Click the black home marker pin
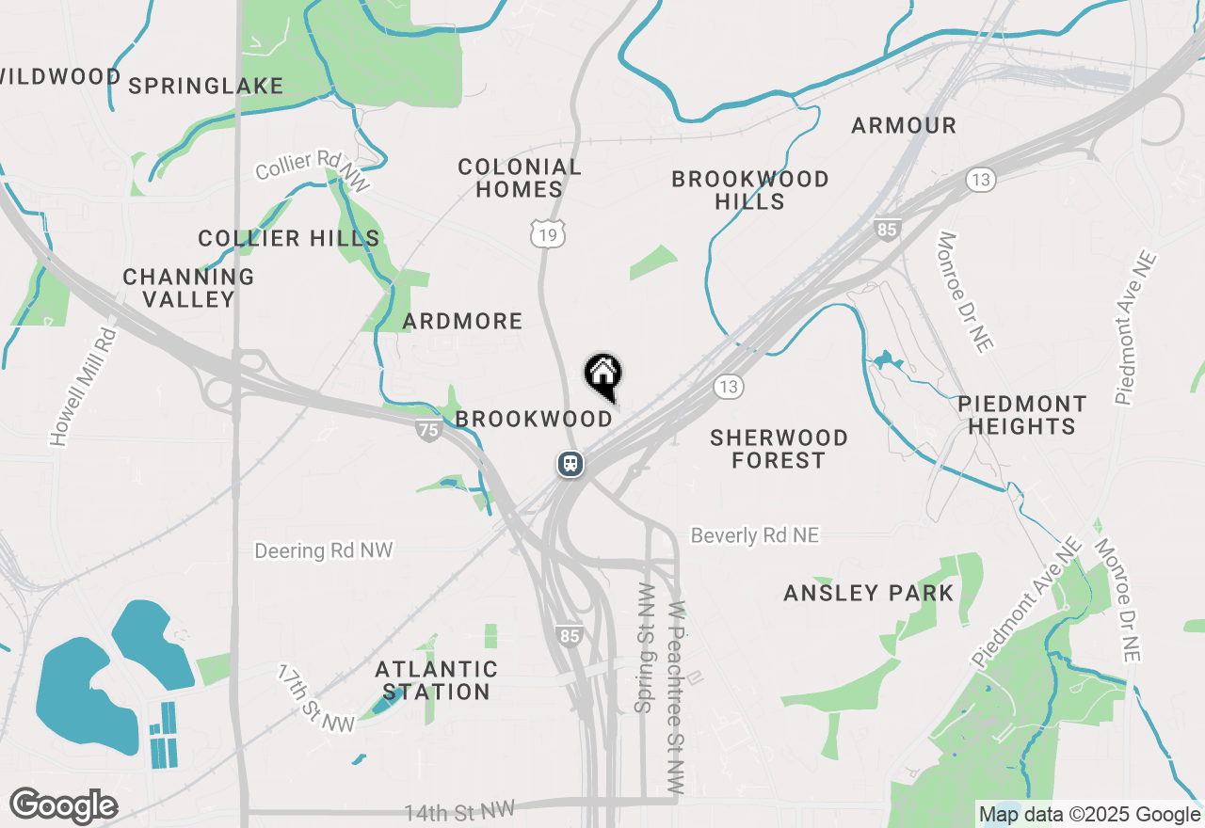point(602,375)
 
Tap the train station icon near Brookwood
point(570,464)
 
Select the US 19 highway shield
point(548,234)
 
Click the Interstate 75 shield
point(428,430)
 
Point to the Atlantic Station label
point(436,680)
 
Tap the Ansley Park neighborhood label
point(869,594)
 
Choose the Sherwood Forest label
point(779,449)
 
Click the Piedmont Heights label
point(1021,415)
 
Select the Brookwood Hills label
point(750,190)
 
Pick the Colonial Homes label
point(520,178)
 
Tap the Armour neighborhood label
point(904,125)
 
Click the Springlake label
point(206,87)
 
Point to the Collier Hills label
point(289,239)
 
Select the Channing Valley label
point(188,288)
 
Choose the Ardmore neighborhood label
point(462,322)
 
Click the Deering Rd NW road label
point(324,550)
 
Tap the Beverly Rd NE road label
point(755,535)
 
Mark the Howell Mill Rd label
point(83,386)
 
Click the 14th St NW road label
point(459,810)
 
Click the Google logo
point(64,806)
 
